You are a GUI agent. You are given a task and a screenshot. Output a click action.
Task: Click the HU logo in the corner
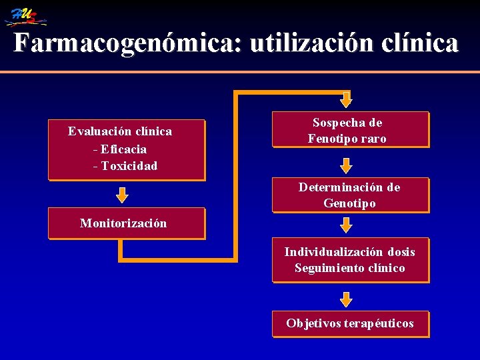[x=25, y=15]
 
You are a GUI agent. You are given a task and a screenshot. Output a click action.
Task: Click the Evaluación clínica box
[x=126, y=149]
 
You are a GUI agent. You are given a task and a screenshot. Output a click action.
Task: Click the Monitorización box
[x=126, y=224]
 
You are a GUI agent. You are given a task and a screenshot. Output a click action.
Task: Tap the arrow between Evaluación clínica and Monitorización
[x=122, y=195]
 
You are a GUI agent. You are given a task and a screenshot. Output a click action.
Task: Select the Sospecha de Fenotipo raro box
[x=350, y=129]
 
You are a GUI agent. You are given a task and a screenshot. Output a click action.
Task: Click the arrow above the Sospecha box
[x=345, y=99]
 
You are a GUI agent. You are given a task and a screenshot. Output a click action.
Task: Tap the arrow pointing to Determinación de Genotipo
[x=345, y=165]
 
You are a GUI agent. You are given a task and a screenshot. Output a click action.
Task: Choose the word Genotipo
[x=349, y=203]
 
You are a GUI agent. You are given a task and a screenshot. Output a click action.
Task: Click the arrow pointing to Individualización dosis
[x=345, y=225]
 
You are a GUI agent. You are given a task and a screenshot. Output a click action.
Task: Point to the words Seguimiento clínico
[x=349, y=268]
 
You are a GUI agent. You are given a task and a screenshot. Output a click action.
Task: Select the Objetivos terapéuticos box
[x=350, y=324]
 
